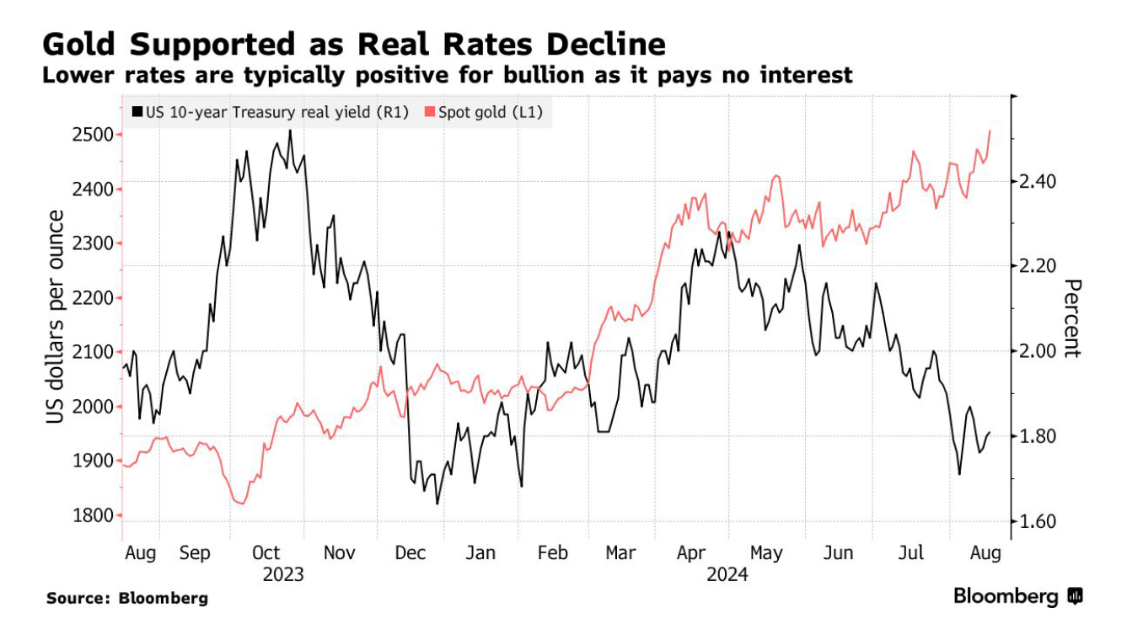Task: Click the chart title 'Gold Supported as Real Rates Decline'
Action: click(x=354, y=44)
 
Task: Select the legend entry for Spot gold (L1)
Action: click(x=485, y=111)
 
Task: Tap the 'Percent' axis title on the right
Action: click(x=1071, y=317)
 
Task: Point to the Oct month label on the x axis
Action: click(x=266, y=553)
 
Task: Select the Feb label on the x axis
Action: click(x=553, y=553)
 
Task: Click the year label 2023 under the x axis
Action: click(x=283, y=575)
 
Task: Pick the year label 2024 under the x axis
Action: click(x=727, y=575)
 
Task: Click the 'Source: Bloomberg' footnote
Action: click(x=127, y=599)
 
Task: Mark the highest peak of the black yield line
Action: click(x=290, y=131)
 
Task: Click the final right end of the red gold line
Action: click(x=990, y=131)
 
